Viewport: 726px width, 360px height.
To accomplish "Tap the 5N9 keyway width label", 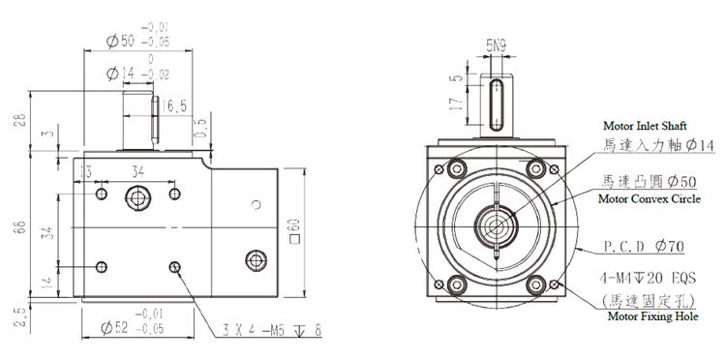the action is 496,45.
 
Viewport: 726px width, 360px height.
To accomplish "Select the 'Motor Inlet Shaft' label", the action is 645,126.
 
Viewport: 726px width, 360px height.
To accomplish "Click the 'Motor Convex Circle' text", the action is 650,199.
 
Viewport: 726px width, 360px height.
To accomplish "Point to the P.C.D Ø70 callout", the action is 644,247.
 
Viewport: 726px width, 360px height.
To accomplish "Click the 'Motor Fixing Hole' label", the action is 652,316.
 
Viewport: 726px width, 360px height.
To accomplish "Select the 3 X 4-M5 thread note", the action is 272,330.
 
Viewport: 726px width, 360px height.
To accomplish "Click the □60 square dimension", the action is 295,230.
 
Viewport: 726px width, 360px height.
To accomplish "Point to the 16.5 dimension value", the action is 174,106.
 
